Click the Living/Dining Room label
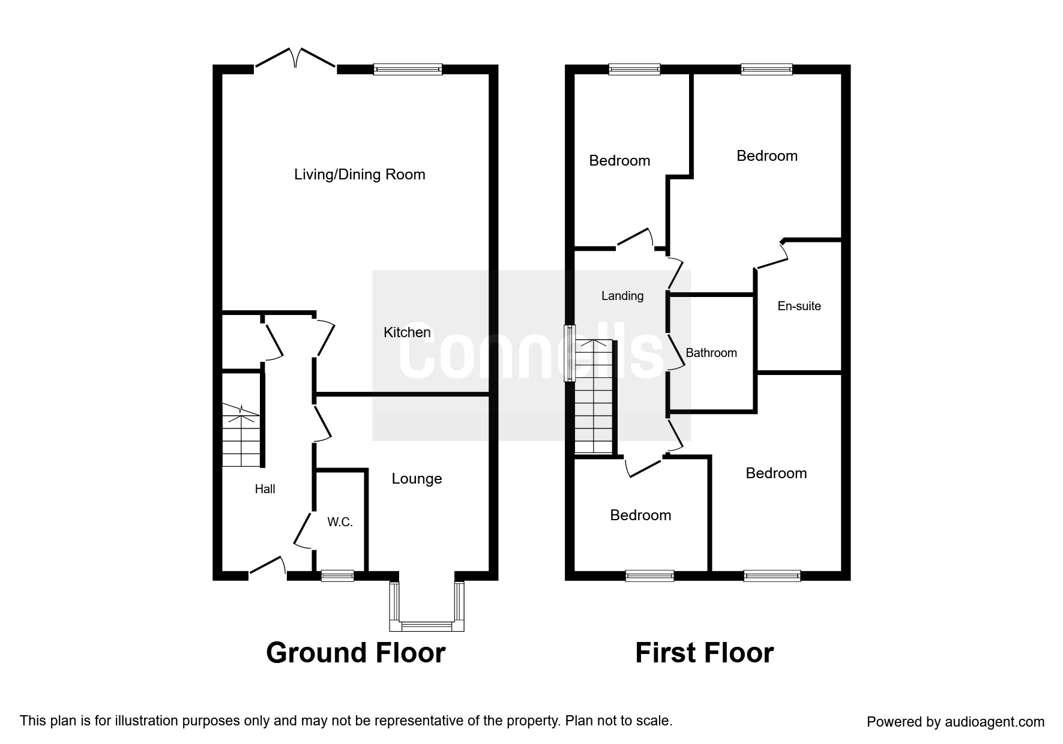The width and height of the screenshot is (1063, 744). coord(360,175)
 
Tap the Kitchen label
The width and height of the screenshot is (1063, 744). coord(407,332)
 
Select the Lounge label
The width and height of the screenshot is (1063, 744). coord(417,479)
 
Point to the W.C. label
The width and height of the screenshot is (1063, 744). coord(340,523)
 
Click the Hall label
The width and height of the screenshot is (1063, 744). coord(265,489)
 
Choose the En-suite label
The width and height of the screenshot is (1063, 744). coord(799,306)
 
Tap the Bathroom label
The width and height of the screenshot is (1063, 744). coord(711,353)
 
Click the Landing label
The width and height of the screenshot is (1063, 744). coord(622,296)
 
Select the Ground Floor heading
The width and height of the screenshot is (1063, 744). coord(356,653)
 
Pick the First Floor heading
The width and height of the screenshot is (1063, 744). coord(705,653)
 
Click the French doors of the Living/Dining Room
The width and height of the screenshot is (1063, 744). coord(295,58)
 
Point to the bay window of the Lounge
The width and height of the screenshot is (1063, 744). coord(427,606)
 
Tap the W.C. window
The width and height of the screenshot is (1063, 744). coord(337,576)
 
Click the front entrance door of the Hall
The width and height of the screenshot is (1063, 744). coord(268,567)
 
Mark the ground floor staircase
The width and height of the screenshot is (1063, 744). coord(241,435)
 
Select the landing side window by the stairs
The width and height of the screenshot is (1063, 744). coord(569,353)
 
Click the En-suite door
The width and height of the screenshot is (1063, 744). coord(771,254)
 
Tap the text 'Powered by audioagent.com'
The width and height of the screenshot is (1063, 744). coord(956,722)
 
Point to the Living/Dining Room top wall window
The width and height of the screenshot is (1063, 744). coord(408,69)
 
